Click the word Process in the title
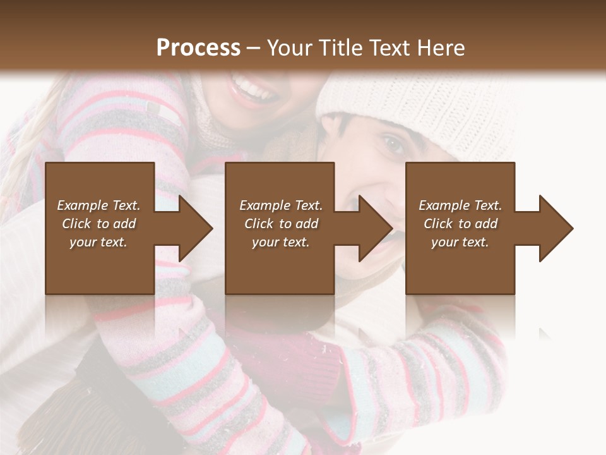coord(198,47)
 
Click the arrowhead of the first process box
coord(196,228)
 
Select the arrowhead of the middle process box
coord(376,228)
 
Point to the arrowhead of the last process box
coord(556,228)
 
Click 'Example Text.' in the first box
coord(98,205)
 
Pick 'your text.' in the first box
coord(98,242)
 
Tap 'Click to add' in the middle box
coord(281,224)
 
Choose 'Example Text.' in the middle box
coord(281,205)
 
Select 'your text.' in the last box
coord(460,242)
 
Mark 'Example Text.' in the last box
coord(460,205)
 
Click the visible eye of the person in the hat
coord(394,145)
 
